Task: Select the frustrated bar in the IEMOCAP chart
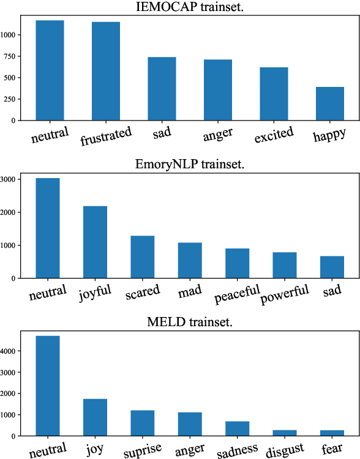click(x=106, y=71)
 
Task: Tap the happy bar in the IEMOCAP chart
click(x=330, y=103)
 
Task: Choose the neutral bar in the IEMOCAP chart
click(x=50, y=70)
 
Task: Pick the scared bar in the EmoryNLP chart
click(x=143, y=256)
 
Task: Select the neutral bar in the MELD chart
click(x=48, y=386)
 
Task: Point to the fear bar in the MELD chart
click(x=332, y=433)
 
